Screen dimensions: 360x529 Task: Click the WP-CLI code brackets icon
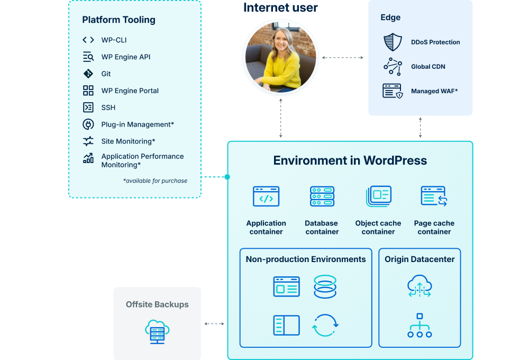(x=88, y=40)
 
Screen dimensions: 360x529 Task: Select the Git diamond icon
(x=88, y=74)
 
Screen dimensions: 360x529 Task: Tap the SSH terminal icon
(x=88, y=107)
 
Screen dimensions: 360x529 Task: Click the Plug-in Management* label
(x=138, y=124)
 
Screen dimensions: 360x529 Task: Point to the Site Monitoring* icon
(x=88, y=141)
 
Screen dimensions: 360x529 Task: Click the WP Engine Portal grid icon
(x=88, y=91)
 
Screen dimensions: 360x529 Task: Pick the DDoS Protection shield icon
(x=393, y=42)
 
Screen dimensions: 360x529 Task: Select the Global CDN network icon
(x=393, y=67)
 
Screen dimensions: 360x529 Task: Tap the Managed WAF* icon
(x=393, y=91)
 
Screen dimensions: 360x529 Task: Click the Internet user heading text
(x=280, y=7)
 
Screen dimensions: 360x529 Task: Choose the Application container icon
(x=266, y=196)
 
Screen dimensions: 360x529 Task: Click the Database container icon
(x=322, y=196)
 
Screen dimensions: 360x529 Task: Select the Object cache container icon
(x=378, y=196)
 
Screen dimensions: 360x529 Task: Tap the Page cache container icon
(x=434, y=196)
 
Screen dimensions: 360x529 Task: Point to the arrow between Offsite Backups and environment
(x=214, y=324)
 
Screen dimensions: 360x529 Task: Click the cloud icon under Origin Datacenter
(x=419, y=286)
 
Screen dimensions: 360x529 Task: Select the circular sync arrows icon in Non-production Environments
(x=325, y=325)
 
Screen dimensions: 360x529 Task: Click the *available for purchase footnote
(x=155, y=181)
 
